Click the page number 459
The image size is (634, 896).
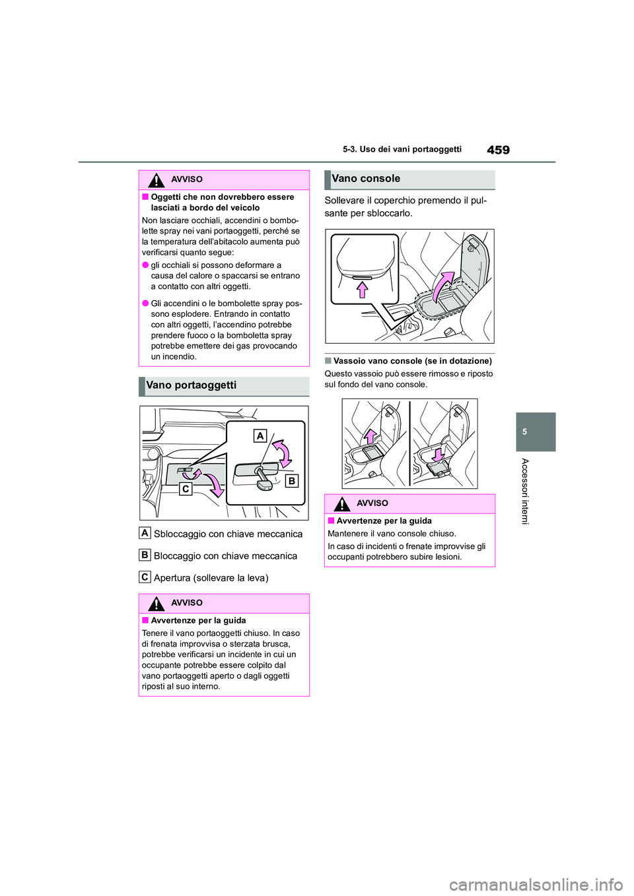(498, 150)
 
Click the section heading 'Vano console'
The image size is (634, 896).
(366, 179)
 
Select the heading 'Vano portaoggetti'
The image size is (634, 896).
(191, 385)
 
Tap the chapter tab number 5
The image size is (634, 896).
(524, 432)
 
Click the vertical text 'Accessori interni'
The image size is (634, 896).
(525, 491)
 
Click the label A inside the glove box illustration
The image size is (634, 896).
(260, 435)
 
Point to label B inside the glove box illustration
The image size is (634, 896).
(291, 480)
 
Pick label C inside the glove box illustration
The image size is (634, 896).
(186, 489)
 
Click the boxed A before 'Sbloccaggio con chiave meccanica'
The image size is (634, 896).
(145, 533)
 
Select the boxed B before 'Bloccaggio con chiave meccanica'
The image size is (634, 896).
(145, 555)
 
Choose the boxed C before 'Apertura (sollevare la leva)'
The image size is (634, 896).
(145, 577)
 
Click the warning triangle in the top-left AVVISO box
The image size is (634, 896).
(156, 179)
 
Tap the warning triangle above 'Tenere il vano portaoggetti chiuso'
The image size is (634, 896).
(156, 603)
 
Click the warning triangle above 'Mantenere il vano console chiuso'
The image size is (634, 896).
(341, 503)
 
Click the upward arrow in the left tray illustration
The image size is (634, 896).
(370, 436)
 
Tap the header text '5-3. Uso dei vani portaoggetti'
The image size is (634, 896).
(402, 150)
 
